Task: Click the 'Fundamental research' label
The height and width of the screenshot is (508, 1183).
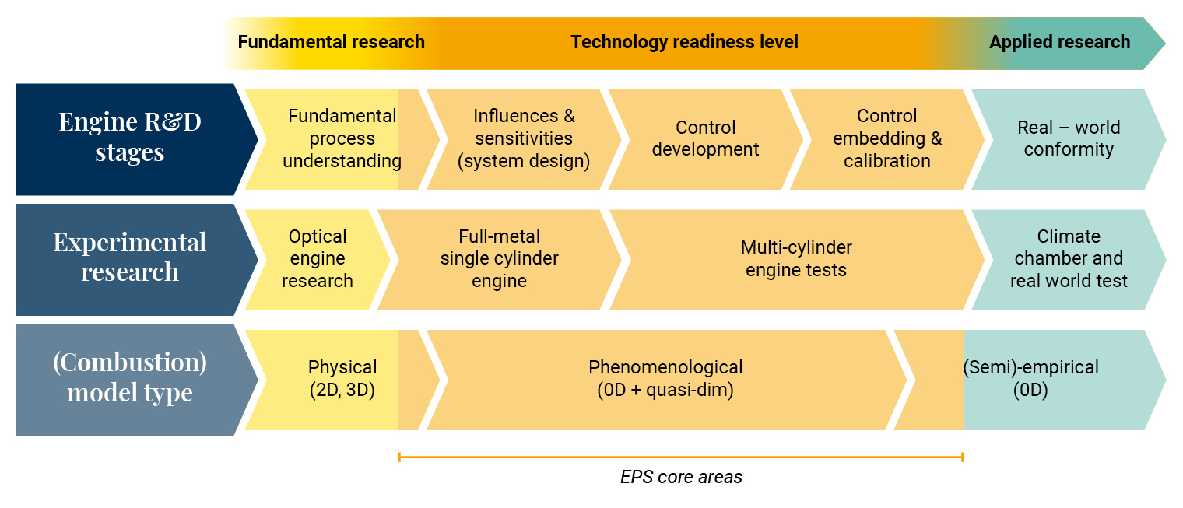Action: pyautogui.click(x=331, y=42)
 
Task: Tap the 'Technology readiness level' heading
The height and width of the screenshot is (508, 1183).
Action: pyautogui.click(x=684, y=42)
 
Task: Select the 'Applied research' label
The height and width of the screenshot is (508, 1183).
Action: pyautogui.click(x=1059, y=42)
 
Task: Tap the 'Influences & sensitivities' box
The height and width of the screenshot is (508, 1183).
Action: pyautogui.click(x=524, y=139)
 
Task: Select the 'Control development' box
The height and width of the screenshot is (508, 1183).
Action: pyautogui.click(x=706, y=139)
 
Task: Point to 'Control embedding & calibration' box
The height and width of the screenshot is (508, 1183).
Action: pyautogui.click(x=887, y=139)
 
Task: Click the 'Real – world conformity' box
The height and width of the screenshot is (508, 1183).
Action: pyautogui.click(x=1069, y=139)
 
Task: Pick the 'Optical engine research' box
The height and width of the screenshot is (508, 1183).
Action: pyautogui.click(x=318, y=260)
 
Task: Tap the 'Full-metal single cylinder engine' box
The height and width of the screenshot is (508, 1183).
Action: pyautogui.click(x=500, y=260)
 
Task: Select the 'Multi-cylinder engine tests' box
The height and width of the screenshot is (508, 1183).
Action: pyautogui.click(x=796, y=260)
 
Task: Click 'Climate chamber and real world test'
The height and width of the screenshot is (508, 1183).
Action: pyautogui.click(x=1069, y=260)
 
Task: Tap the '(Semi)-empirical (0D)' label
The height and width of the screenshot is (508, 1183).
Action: pyautogui.click(x=1031, y=379)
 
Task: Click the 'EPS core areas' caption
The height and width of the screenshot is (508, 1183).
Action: pyautogui.click(x=681, y=477)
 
